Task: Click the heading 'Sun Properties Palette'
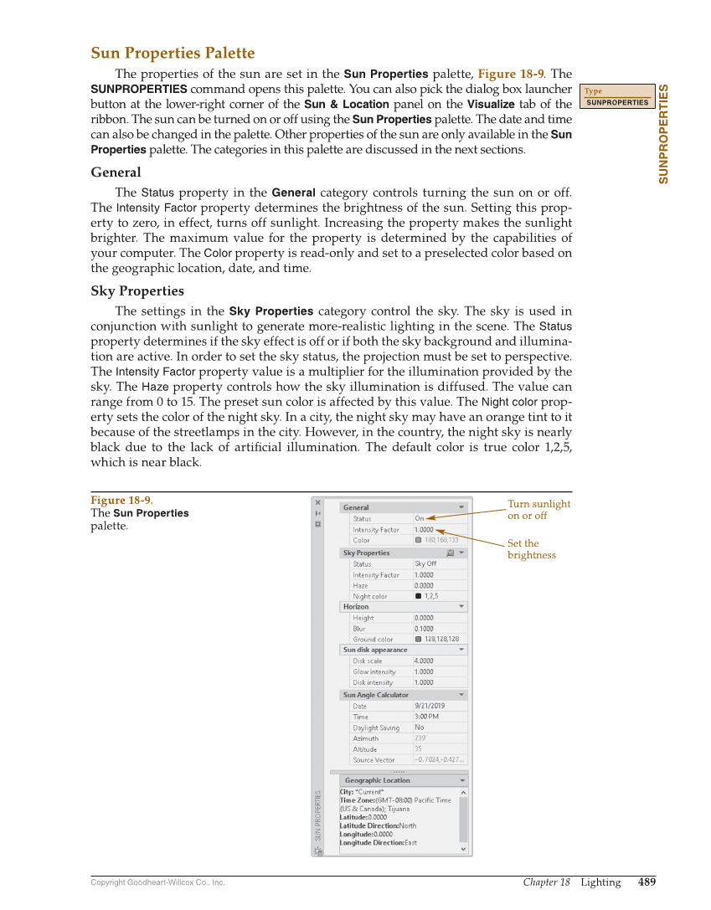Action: point(173,54)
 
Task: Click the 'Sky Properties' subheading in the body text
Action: point(137,291)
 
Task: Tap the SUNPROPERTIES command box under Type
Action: point(617,103)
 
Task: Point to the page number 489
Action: point(647,882)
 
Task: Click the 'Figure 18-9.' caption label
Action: point(122,501)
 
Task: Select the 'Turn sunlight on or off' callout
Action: point(538,509)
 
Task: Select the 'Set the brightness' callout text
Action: point(531,549)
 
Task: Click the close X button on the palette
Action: point(317,502)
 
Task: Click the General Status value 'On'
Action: point(420,518)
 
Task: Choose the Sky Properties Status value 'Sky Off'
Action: point(425,563)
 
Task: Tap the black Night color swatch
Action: point(418,596)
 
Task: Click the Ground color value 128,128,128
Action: point(441,639)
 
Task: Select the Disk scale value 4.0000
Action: point(424,661)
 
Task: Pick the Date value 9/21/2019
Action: point(430,706)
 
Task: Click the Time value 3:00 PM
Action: point(426,717)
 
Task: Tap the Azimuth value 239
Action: point(420,738)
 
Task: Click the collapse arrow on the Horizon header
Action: point(461,606)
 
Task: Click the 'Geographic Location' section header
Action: point(378,780)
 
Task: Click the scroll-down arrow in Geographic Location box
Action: point(463,848)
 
